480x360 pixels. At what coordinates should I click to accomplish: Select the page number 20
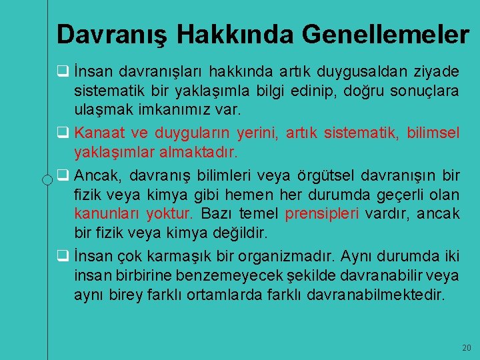click(466, 348)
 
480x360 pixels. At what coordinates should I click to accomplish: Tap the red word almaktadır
click(199, 152)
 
